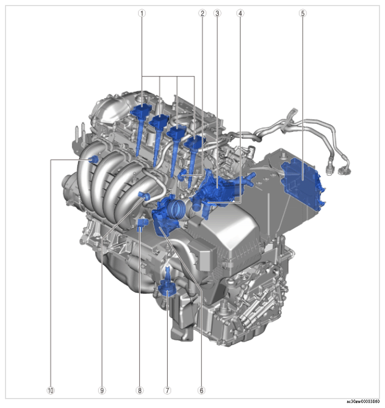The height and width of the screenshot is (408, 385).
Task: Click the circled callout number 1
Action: coord(142,13)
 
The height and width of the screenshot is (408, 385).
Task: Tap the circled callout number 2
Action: coord(202,13)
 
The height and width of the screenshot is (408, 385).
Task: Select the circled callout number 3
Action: coord(217,13)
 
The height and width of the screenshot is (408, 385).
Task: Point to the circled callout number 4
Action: coord(241,13)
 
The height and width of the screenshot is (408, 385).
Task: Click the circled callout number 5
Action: coord(303,13)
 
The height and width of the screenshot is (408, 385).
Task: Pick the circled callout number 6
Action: coord(201,390)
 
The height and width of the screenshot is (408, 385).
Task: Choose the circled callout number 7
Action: coord(167,390)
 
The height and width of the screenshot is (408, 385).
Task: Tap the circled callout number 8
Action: coord(139,390)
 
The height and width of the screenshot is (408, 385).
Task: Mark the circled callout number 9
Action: coord(102,390)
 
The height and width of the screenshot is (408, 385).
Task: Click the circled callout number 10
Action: coord(51,390)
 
